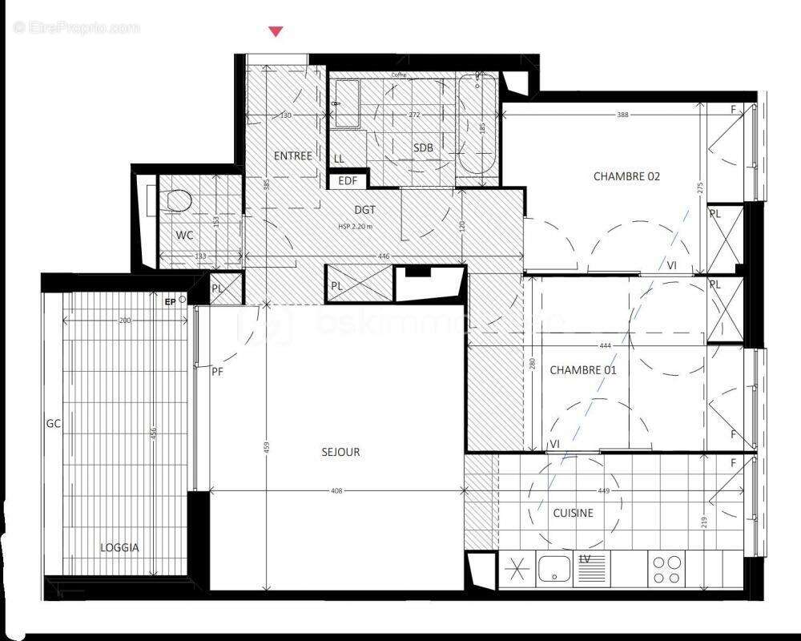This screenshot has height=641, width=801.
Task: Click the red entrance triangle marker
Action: click(x=276, y=31)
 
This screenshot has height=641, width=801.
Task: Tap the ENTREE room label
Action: click(x=292, y=155)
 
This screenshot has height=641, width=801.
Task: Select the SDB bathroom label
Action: click(x=423, y=147)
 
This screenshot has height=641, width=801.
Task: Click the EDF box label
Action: click(x=348, y=180)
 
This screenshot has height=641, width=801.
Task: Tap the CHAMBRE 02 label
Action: click(x=626, y=176)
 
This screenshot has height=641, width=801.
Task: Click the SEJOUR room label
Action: click(x=340, y=452)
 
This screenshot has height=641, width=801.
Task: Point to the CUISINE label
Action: click(x=573, y=513)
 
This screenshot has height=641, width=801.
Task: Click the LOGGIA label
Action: click(x=119, y=548)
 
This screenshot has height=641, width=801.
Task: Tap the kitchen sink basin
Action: click(x=553, y=570)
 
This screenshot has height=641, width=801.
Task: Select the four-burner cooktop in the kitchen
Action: click(x=666, y=570)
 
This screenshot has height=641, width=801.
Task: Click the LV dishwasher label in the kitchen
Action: click(x=585, y=558)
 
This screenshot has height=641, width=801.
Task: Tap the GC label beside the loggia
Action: click(x=54, y=422)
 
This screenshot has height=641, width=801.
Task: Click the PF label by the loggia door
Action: click(x=217, y=372)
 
